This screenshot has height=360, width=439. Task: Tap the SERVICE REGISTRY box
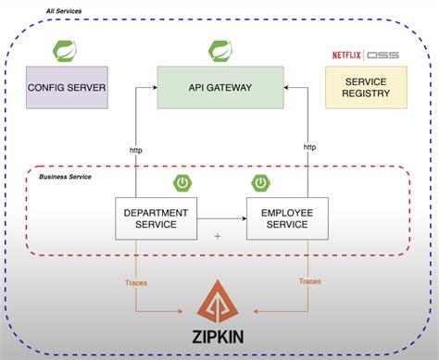coord(365,88)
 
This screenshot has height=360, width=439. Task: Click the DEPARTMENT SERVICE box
coord(156,219)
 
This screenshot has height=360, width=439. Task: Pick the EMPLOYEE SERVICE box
coord(286,219)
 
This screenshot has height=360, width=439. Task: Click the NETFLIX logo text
coord(347,55)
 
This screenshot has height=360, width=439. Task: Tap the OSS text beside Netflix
coord(383,55)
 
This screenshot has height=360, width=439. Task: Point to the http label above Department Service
coord(135,147)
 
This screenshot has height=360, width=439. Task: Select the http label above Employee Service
coord(309,147)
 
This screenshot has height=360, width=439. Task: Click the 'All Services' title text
coord(64,11)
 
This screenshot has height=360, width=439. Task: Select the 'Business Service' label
coord(66,176)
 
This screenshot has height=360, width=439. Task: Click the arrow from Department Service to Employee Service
coord(222,219)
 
